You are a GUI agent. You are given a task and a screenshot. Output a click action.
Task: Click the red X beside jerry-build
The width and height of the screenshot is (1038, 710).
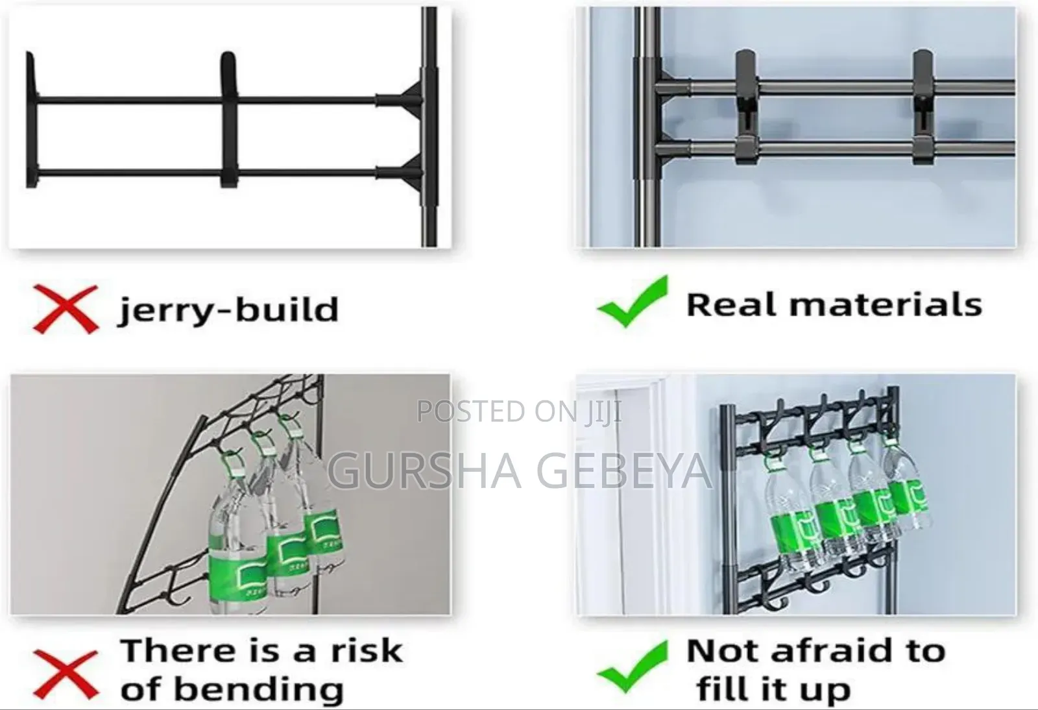coord(65,308)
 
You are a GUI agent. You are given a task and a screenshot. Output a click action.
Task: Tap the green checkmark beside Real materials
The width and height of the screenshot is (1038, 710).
coord(633,302)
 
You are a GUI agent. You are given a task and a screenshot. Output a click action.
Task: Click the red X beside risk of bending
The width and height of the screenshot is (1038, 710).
coord(65,675)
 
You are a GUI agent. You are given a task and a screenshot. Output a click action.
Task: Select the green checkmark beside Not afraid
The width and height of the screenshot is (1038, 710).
coord(633,667)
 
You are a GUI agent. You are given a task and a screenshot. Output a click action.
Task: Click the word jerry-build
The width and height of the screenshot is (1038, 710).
coord(228,310)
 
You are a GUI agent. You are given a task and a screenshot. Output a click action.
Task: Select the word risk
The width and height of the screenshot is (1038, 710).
coord(365,651)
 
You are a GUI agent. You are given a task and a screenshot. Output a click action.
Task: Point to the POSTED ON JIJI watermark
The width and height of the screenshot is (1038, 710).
coord(519,411)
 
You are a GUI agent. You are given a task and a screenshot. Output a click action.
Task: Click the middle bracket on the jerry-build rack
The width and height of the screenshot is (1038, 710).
coord(228,120)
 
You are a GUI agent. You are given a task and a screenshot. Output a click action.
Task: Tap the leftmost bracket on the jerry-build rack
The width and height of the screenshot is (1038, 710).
coord(30,120)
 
